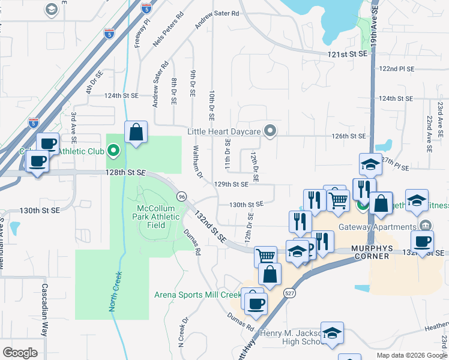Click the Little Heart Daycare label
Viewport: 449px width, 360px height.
(223, 131)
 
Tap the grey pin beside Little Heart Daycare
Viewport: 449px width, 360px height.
(270, 131)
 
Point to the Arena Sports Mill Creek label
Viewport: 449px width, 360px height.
(197, 295)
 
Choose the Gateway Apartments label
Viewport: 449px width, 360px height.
(377, 227)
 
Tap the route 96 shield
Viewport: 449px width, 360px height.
(181, 196)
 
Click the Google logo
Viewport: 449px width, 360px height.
(20, 353)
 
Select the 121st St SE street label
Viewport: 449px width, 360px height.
(347, 55)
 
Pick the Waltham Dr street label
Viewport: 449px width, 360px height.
(197, 160)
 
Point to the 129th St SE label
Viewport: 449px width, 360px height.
(232, 184)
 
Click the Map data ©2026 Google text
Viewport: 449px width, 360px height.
(411, 355)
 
